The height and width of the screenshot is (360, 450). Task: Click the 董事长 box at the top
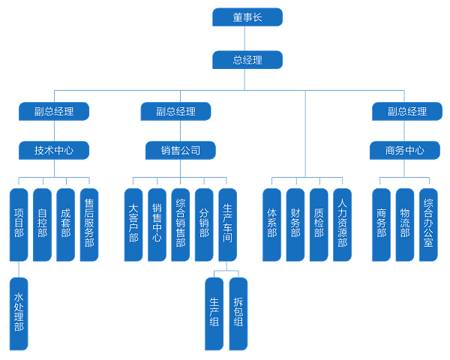pyautogui.click(x=247, y=17)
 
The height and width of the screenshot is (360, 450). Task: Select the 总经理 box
pyautogui.click(x=247, y=60)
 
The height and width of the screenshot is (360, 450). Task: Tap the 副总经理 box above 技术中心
pyautogui.click(x=54, y=112)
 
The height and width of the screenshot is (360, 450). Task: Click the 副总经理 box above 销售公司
pyautogui.click(x=175, y=112)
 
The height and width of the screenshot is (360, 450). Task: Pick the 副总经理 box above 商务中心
pyautogui.click(x=407, y=112)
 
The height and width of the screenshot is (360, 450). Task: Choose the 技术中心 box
pyautogui.click(x=54, y=150)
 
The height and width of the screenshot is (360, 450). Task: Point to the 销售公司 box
pyautogui.click(x=180, y=150)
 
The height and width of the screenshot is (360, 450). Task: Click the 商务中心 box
pyautogui.click(x=404, y=150)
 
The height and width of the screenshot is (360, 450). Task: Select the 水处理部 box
pyautogui.click(x=19, y=313)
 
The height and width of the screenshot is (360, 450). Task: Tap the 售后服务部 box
pyautogui.click(x=89, y=223)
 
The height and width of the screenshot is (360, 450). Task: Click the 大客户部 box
pyautogui.click(x=133, y=223)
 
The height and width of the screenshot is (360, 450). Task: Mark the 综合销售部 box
pyautogui.click(x=180, y=223)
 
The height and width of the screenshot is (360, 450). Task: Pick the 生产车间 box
pyautogui.click(x=227, y=223)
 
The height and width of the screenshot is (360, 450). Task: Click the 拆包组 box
pyautogui.click(x=238, y=313)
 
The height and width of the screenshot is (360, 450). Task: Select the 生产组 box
pyautogui.click(x=214, y=313)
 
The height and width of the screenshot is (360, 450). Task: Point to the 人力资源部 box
pyautogui.click(x=342, y=223)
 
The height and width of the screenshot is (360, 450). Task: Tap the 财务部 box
pyautogui.click(x=295, y=223)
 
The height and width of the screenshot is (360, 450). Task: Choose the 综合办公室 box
pyautogui.click(x=428, y=223)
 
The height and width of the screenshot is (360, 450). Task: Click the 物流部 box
pyautogui.click(x=405, y=223)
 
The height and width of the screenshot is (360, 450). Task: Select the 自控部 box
pyautogui.click(x=42, y=223)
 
